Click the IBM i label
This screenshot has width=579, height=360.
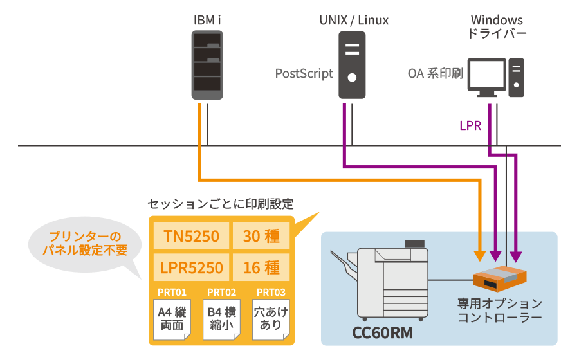(x=207, y=20)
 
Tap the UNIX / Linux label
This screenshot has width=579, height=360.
(x=354, y=20)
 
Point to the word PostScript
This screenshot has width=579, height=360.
(x=304, y=73)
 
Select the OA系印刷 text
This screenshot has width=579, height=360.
(x=436, y=73)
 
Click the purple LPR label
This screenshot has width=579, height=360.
(x=470, y=125)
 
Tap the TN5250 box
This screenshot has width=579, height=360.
(x=191, y=237)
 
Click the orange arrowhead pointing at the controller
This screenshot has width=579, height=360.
(x=479, y=255)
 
